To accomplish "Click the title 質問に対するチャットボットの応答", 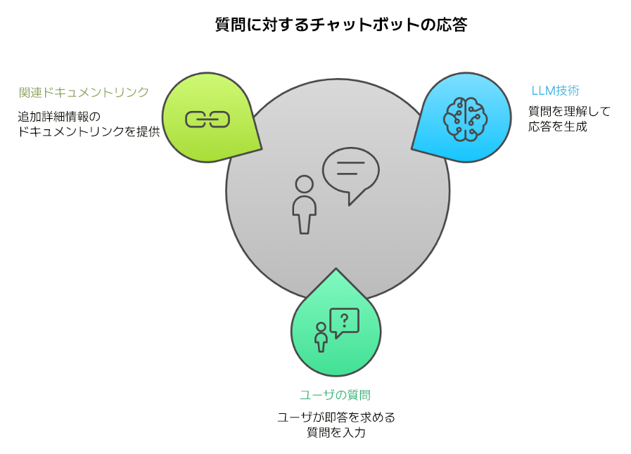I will point(340,26).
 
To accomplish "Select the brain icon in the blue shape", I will point(465,117).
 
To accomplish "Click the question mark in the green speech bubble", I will point(344,321).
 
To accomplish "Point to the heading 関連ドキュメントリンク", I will point(84,92).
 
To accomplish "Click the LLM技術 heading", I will point(555,91).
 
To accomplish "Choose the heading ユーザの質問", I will point(335,395).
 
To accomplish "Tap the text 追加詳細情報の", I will point(60,116).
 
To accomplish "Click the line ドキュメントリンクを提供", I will point(89,131).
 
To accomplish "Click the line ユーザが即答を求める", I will point(336,417).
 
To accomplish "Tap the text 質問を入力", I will point(336,433).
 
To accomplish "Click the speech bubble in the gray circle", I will point(350,172).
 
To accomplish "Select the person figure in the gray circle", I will point(305,204).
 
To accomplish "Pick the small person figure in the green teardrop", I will point(321,337).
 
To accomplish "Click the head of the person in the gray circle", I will point(305,184).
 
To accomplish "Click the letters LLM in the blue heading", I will point(542,91).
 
